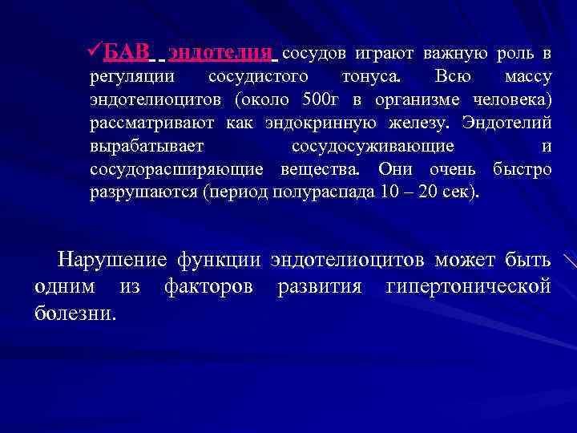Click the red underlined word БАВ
(127, 54)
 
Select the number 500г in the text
(323, 101)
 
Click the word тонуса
(373, 78)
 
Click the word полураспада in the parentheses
(317, 194)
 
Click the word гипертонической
(468, 286)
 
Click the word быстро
(522, 171)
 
